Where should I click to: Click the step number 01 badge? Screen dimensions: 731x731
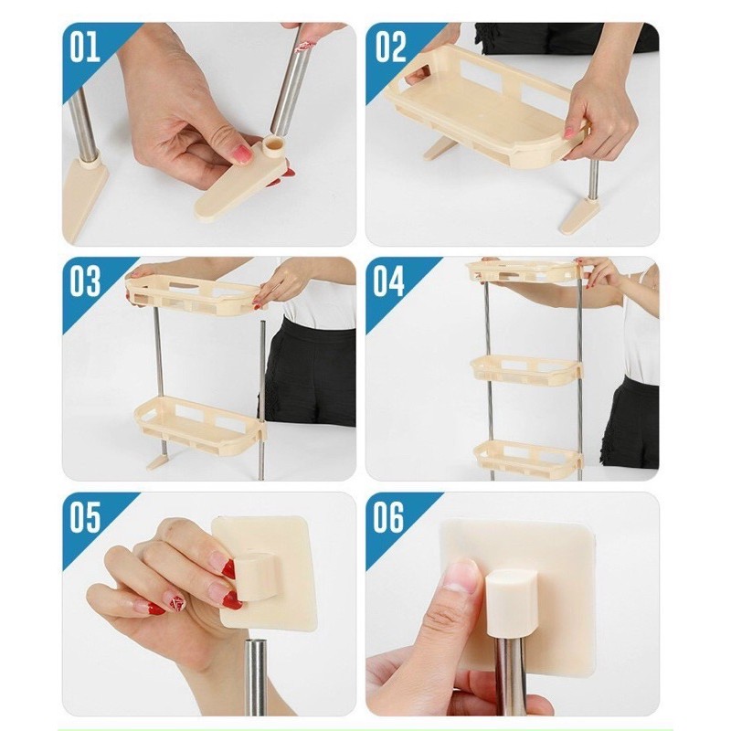point(84,47)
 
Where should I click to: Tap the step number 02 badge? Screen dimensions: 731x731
point(387,47)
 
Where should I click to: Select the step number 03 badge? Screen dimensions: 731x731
point(84,281)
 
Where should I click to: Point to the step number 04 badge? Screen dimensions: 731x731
point(387,281)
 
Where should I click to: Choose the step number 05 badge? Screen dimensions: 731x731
point(84,518)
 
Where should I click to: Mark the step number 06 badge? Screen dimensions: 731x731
point(387,518)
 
